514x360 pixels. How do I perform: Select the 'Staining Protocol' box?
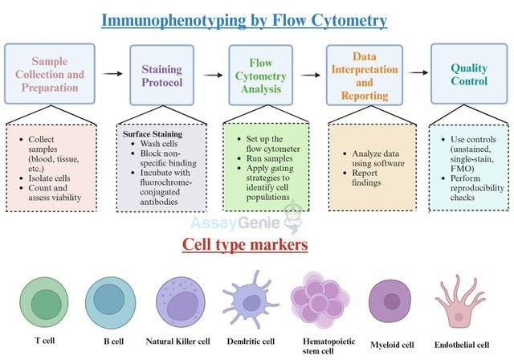click(161, 76)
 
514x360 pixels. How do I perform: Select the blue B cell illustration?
click(108, 300)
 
